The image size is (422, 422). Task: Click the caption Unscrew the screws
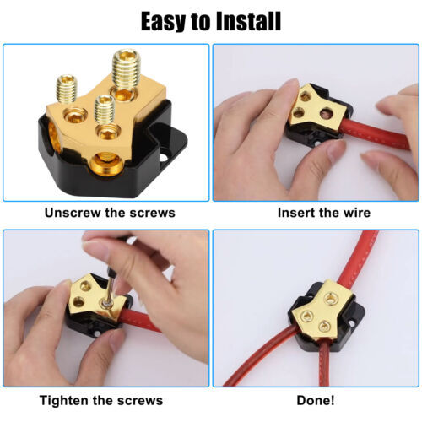tap(110, 213)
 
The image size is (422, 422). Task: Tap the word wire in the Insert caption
tap(354, 213)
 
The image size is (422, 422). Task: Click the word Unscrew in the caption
tap(71, 213)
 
